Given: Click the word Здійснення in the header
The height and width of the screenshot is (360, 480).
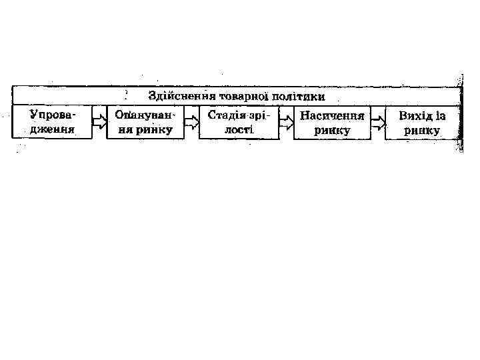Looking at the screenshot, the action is (177, 97).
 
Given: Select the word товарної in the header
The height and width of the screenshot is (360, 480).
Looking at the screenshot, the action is (238, 97).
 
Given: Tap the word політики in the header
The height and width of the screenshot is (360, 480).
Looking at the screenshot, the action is (297, 97).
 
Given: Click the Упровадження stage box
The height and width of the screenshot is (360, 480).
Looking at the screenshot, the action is (52, 122).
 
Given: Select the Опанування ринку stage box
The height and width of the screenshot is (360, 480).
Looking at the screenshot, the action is (145, 122).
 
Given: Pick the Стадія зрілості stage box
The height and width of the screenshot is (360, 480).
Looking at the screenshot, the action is (238, 122).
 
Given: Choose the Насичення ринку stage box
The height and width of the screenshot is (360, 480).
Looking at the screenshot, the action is (332, 122).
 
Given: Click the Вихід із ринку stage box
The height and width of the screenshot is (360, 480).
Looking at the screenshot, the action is (423, 122).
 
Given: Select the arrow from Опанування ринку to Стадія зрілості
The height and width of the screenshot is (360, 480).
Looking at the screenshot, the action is (192, 123).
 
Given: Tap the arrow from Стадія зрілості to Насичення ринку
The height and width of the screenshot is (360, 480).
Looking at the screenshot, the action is (286, 123).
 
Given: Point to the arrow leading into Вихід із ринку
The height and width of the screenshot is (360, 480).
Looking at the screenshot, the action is (378, 123).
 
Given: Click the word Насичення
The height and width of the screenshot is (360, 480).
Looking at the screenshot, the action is (332, 115).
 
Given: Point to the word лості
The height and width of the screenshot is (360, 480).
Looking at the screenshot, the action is (238, 129).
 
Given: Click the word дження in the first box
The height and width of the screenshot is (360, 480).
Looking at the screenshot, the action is (51, 129).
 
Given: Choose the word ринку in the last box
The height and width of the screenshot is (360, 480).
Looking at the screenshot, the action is (422, 131).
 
